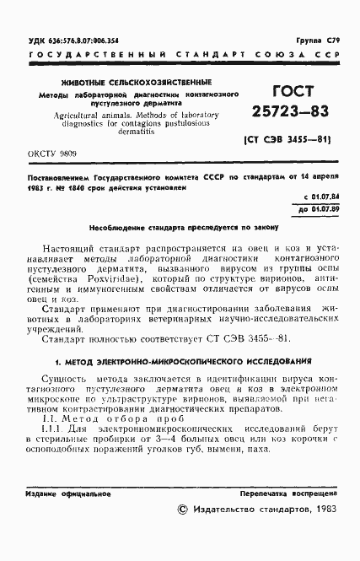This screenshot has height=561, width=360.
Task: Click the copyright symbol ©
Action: [184, 510]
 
